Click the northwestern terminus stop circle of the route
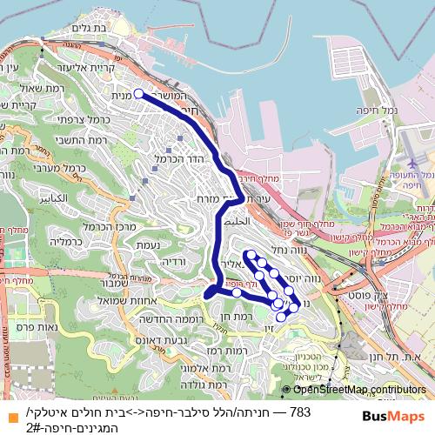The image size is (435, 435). (x=138, y=92)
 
